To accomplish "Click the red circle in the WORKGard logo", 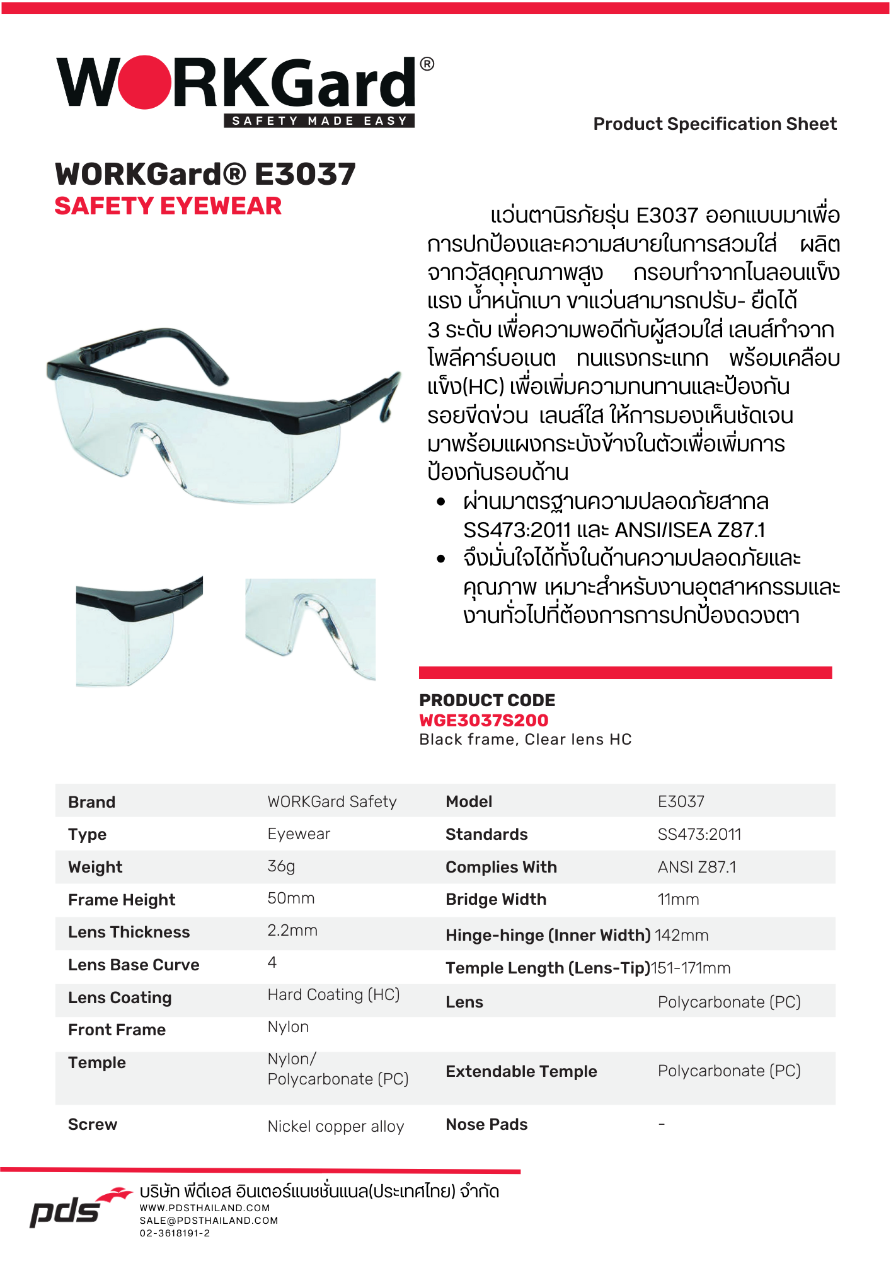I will pos(146,83).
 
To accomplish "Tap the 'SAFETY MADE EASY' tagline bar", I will pos(319,121).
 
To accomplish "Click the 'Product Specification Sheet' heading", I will pos(715,124).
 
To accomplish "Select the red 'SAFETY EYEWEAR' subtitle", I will pos(168,206).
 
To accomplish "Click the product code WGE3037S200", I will pos(483,720).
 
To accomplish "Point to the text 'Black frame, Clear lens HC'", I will pos(525,740).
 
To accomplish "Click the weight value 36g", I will pos(281,866).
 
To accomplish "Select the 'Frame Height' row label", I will pos(122,900).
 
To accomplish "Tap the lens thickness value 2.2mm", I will pos(292,931).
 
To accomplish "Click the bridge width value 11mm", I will pos(678,900).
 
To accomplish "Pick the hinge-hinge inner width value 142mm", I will pos(681,935).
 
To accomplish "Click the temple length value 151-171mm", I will pos(690,968).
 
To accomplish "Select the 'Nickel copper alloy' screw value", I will pos(335,1126).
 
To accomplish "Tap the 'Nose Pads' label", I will pos(486,1124).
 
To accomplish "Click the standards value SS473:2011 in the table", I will pos(699,834).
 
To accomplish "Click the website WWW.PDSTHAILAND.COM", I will pos(205,1208).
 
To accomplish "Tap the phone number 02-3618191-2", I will pos(175,1233).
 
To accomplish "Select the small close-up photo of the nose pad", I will pos(310,629).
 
